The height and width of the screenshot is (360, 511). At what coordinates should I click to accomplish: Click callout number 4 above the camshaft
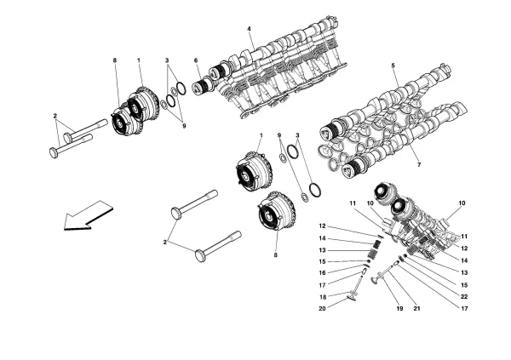tap(250, 31)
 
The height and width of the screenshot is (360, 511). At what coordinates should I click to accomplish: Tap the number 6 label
tap(196, 60)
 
